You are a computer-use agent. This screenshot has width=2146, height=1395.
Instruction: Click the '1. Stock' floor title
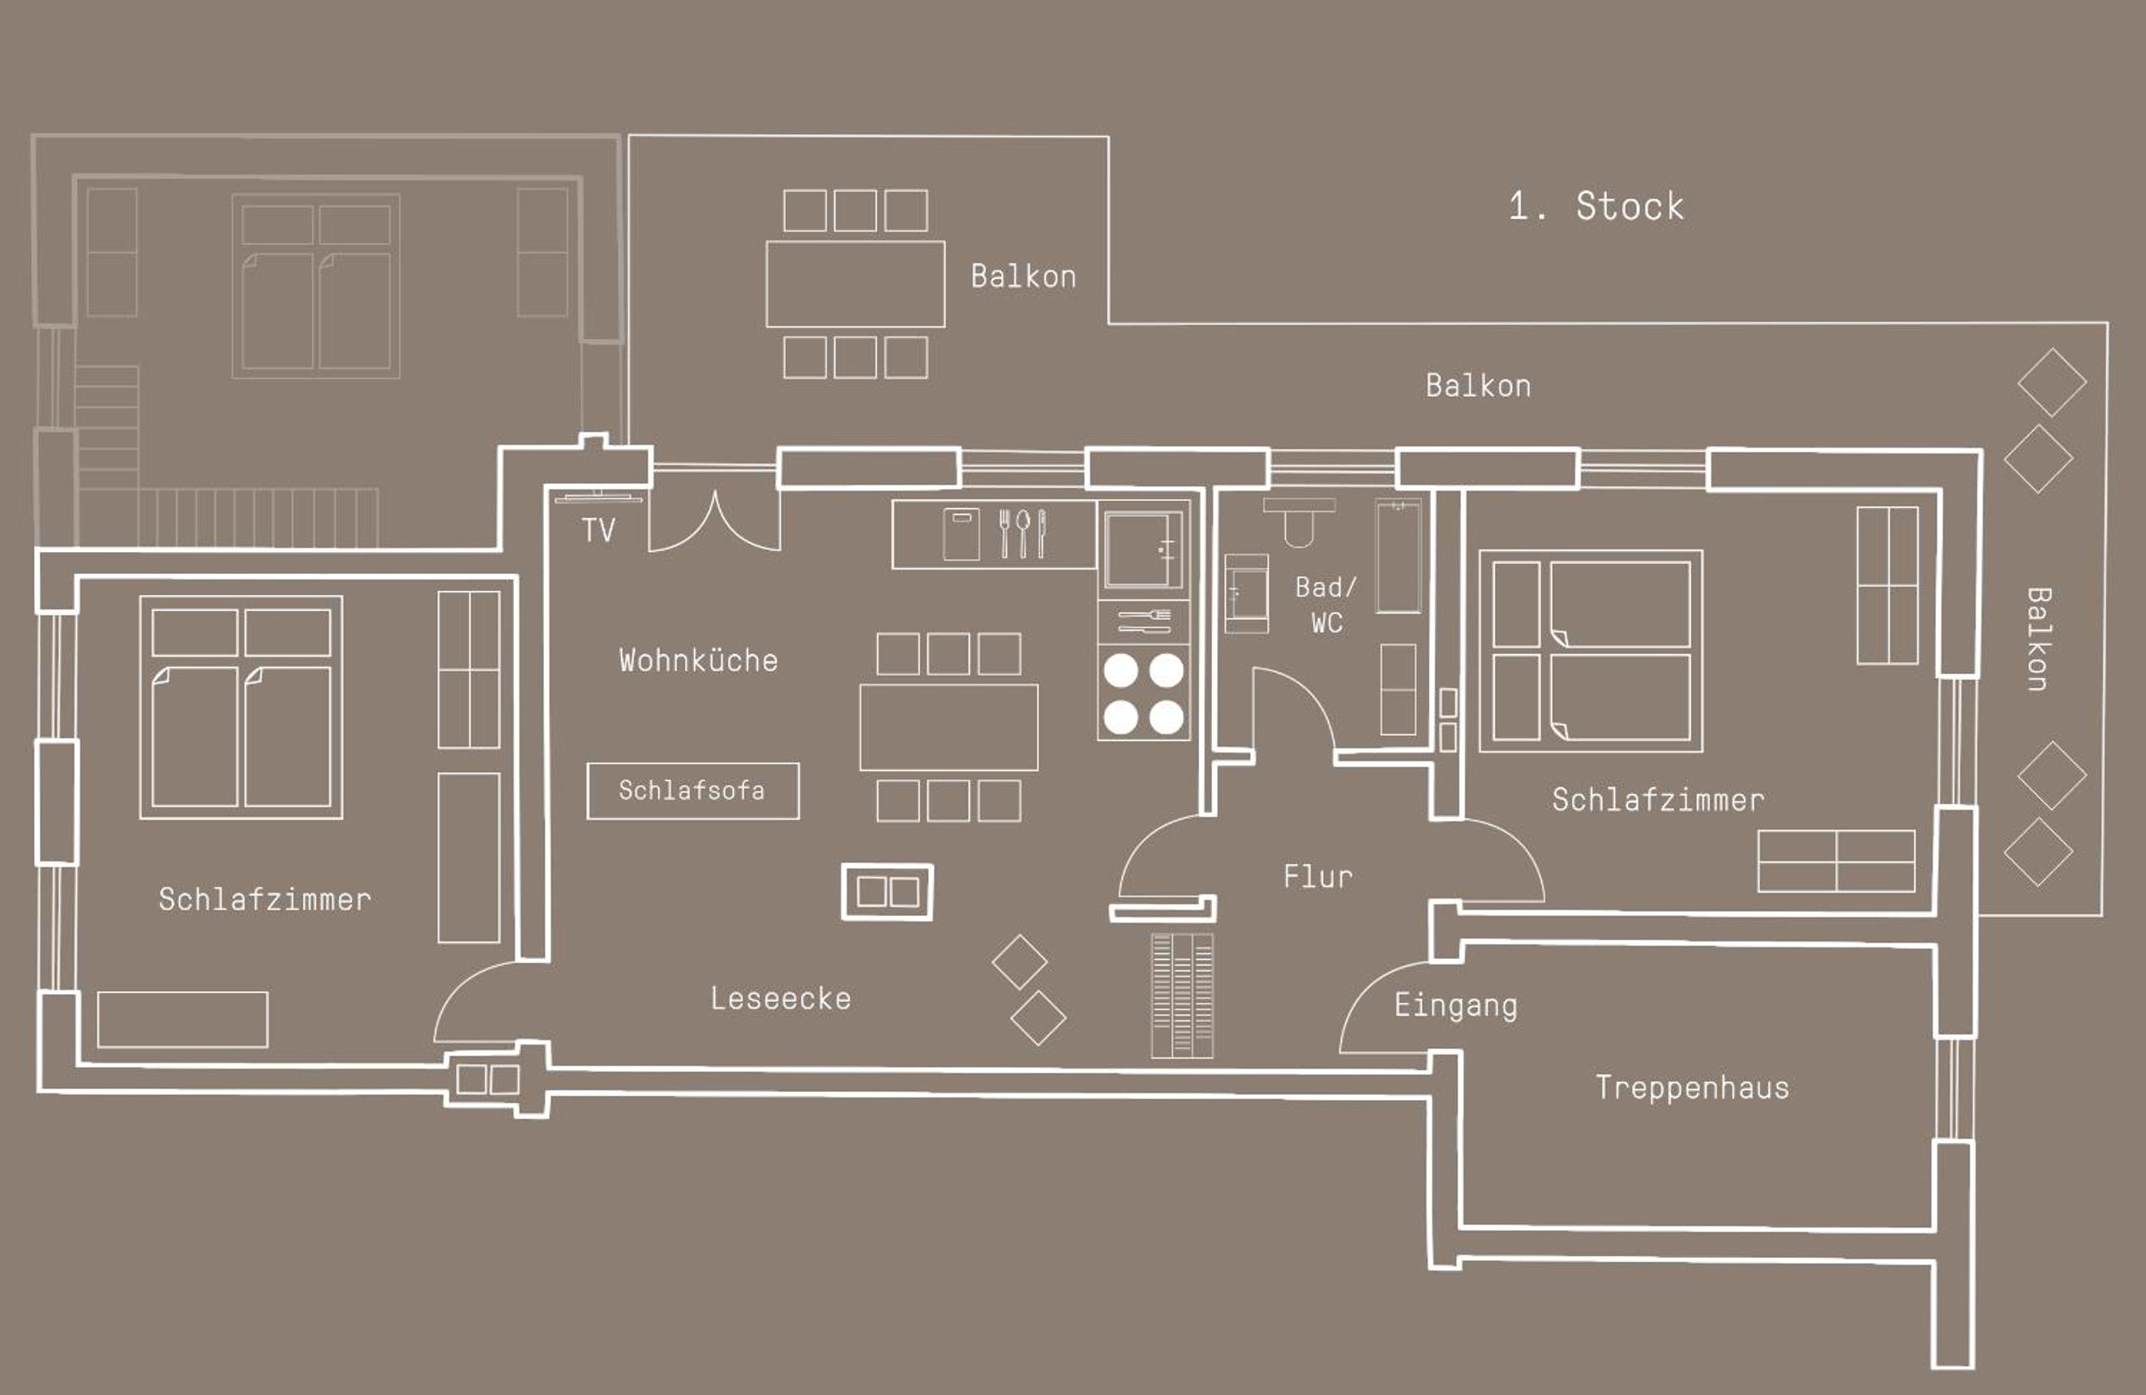1596,207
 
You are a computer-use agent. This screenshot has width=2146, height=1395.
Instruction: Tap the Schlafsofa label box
692,791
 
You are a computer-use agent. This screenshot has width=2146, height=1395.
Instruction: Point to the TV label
598,529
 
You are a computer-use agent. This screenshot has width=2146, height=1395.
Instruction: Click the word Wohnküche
698,660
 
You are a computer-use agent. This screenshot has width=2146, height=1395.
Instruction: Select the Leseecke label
781,999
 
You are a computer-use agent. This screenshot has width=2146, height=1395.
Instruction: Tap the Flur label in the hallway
1318,875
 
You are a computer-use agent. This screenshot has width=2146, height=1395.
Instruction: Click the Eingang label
1456,1005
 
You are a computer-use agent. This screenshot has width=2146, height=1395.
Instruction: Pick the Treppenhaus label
1693,1088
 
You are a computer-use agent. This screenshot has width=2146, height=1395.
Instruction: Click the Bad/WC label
1326,604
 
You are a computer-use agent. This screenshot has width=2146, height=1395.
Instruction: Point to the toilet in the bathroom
1299,521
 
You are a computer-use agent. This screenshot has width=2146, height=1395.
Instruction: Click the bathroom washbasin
1246,593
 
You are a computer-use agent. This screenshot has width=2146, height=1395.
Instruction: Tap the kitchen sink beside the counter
1143,549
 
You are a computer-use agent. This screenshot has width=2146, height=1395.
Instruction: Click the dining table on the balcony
855,284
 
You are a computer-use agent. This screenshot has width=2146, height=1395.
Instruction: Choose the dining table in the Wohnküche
949,727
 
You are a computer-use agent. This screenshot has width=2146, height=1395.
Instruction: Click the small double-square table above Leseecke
887,892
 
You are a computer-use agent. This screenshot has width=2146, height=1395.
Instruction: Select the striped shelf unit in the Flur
1182,995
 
